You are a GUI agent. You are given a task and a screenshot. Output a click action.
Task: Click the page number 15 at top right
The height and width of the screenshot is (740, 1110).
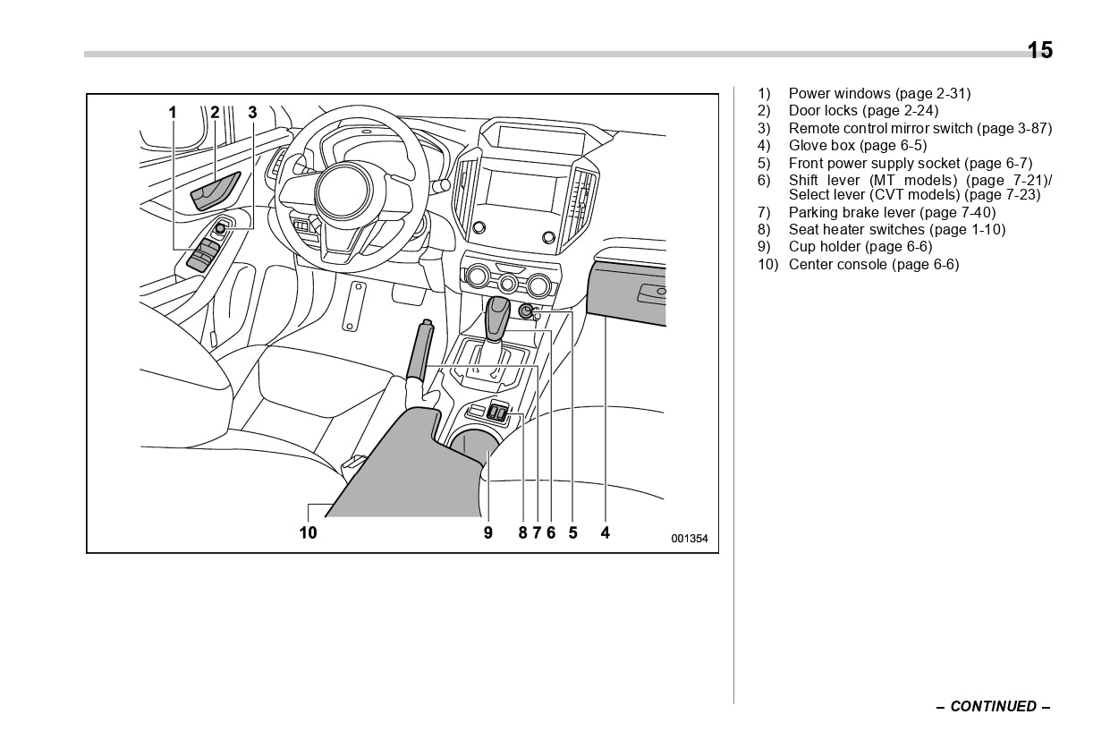[x=1039, y=50]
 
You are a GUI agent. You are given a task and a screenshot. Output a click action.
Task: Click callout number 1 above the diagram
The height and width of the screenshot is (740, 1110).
[x=173, y=112]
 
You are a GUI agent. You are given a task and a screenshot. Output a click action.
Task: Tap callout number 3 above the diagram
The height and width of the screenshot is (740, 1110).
[x=252, y=112]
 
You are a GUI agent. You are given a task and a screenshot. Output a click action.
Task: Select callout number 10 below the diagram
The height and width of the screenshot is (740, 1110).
[x=308, y=532]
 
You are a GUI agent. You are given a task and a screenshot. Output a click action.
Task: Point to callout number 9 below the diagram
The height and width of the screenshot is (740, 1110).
[x=488, y=532]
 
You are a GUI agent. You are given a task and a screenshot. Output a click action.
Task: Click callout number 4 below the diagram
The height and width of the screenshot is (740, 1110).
[x=606, y=532]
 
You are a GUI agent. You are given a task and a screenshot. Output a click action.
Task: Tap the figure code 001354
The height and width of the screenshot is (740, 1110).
[x=690, y=539]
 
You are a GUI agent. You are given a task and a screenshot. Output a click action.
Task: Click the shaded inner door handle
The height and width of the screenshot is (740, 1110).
[x=215, y=190]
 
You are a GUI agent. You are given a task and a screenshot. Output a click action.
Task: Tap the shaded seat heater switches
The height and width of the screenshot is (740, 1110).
[x=497, y=413]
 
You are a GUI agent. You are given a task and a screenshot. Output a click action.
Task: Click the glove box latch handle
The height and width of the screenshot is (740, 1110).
[x=649, y=292]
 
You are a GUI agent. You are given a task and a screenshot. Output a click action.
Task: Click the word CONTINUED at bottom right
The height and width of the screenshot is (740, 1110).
[x=993, y=706]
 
